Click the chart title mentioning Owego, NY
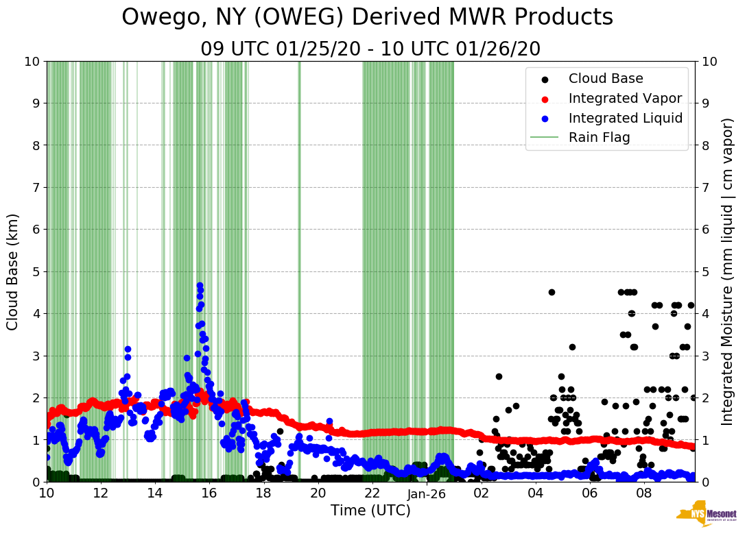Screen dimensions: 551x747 click(367, 18)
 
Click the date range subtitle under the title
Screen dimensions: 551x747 click(370, 49)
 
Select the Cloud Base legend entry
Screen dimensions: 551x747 click(606, 79)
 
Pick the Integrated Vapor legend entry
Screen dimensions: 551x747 click(625, 98)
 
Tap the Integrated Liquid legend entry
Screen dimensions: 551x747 click(625, 118)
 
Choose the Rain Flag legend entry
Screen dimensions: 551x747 click(599, 138)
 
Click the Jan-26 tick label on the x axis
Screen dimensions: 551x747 click(427, 493)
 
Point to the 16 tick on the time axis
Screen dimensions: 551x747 click(209, 493)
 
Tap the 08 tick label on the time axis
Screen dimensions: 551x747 click(644, 493)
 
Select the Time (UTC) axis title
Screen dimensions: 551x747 click(370, 511)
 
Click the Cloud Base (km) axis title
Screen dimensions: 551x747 click(14, 271)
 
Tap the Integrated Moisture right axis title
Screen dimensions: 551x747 click(728, 271)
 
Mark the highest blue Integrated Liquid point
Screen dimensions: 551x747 click(200, 285)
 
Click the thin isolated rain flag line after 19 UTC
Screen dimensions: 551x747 click(299, 271)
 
